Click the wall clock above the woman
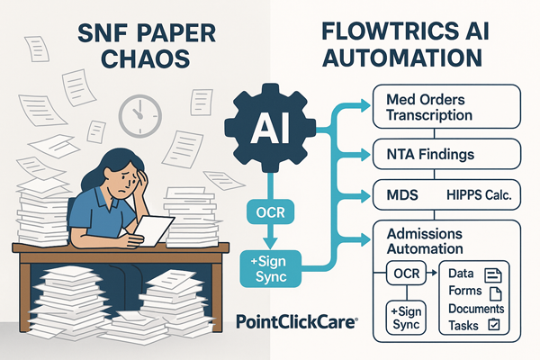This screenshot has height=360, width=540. pos(140,116)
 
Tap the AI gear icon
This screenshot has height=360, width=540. pos(270,128)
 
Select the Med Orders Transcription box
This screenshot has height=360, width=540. pos(446,107)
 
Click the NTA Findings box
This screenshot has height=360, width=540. pos(446,154)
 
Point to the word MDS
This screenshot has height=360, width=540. pos(402,195)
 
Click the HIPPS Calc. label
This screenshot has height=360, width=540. pos(479,195)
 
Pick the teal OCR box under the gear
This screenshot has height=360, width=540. pos(270,212)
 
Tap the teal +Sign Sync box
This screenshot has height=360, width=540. pos(271,269)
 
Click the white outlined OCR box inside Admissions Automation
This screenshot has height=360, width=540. pos(407,274)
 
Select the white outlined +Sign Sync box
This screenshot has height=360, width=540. pos(406,318)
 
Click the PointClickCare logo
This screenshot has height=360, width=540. pos(297,322)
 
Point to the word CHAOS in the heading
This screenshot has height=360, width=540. pos(146,58)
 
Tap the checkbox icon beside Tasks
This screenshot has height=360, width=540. pos(494,325)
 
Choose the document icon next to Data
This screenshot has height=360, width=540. pos(493,274)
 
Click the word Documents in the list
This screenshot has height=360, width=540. pos(476,309)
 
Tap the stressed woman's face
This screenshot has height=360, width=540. pos(119,183)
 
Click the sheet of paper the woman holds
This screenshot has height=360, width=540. pos(154,230)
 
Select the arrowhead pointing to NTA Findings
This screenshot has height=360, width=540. pos(365,155)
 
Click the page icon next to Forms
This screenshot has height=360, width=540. pos(496,293)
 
